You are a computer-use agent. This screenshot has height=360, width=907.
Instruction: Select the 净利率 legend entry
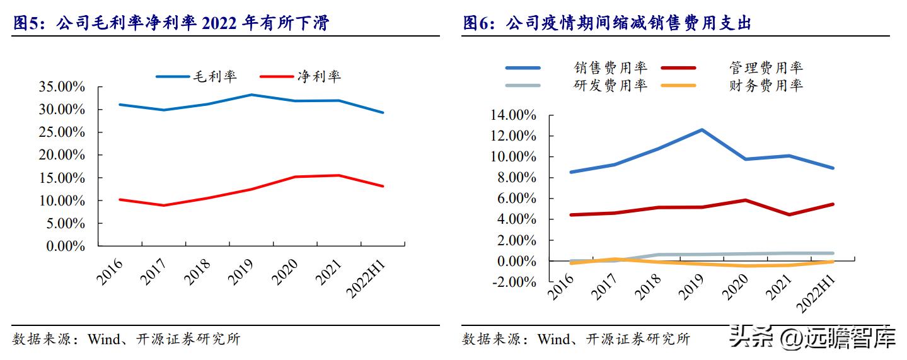[x=319, y=76]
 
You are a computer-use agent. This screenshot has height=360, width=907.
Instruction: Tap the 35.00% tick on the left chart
[x=62, y=87]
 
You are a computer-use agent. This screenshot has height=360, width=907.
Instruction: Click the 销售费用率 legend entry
[x=610, y=67]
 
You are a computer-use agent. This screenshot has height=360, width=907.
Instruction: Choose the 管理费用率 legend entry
[x=766, y=67]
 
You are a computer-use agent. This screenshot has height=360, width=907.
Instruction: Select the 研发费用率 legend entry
[x=610, y=85]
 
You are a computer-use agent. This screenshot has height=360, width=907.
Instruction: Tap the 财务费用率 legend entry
[x=766, y=85]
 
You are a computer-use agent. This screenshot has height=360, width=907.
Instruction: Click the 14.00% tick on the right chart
[x=512, y=115]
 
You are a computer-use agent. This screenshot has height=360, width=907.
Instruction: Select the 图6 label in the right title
[x=479, y=23]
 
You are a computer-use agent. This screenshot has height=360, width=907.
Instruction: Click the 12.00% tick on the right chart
[x=512, y=136]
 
